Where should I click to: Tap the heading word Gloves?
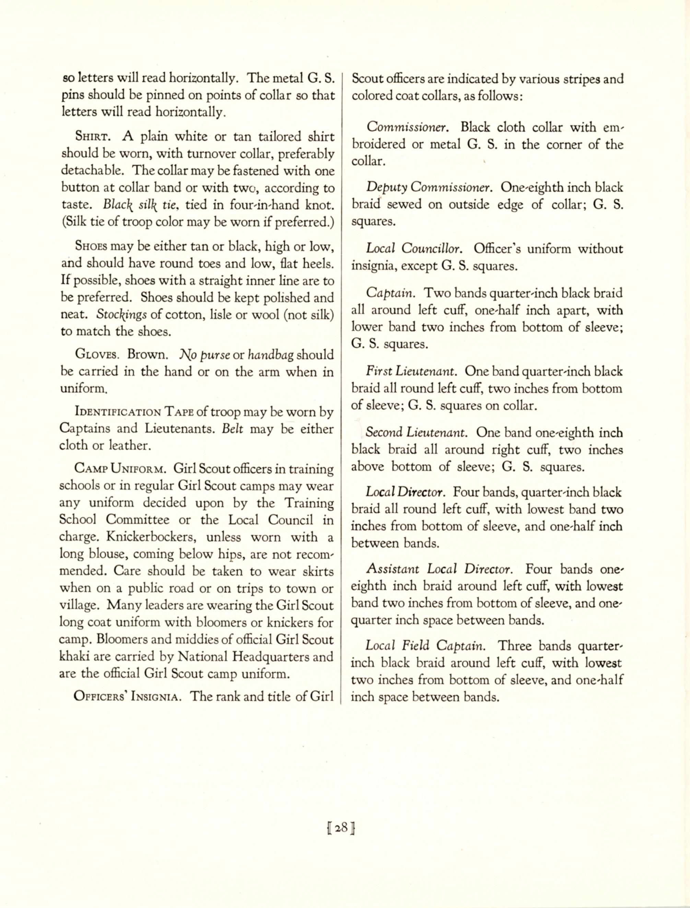98,354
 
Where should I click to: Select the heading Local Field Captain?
426,646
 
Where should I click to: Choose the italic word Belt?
233,429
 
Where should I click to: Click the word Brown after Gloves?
147,354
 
